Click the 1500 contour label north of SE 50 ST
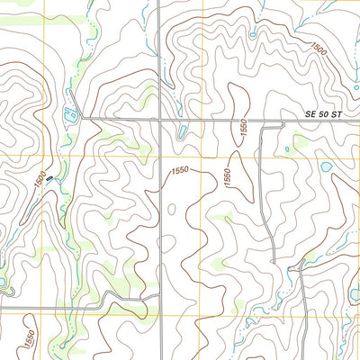coord(318,52)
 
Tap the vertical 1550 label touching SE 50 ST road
coord(242,129)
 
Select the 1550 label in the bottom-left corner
coord(29,339)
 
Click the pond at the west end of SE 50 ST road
coord(71,112)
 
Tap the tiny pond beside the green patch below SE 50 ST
coord(288,149)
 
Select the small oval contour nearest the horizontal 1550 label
coord(171,209)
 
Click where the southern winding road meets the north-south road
coord(158,293)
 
